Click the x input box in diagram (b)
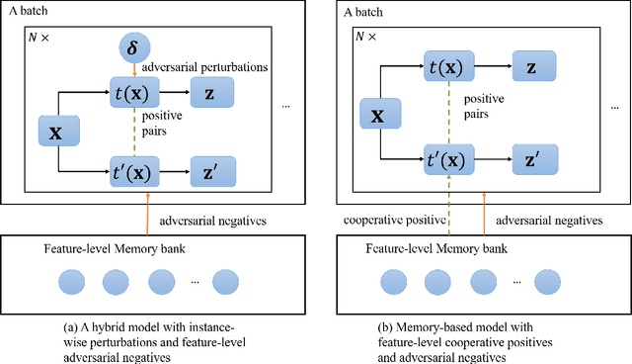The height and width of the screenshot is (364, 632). (x=377, y=115)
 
